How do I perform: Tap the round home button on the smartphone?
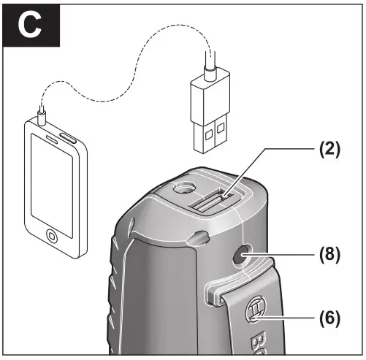pyautogui.click(x=52, y=237)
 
